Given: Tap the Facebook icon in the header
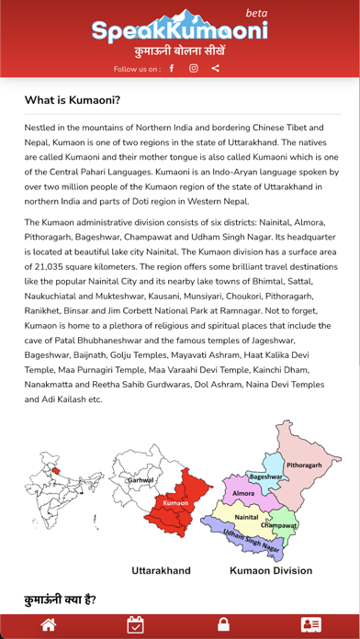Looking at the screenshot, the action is [x=172, y=68].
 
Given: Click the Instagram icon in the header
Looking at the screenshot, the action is [x=194, y=68].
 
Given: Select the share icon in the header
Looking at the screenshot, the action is [x=215, y=68].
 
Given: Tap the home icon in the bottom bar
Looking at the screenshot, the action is [x=49, y=625].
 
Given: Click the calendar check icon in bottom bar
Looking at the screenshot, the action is [x=135, y=625].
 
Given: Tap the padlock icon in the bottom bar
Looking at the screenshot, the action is [x=223, y=625].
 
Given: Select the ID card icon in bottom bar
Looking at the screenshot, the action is [x=311, y=625].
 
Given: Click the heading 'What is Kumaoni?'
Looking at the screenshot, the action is [x=73, y=100].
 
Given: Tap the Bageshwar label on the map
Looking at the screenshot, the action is [x=265, y=477].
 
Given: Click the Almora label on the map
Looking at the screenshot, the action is [x=243, y=493].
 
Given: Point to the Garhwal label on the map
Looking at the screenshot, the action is [x=141, y=480].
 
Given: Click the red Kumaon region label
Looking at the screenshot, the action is [x=175, y=503].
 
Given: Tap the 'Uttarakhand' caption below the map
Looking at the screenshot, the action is [x=162, y=570].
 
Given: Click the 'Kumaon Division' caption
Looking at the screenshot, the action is [x=271, y=570].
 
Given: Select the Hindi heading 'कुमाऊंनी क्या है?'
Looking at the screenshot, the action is [x=60, y=600].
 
